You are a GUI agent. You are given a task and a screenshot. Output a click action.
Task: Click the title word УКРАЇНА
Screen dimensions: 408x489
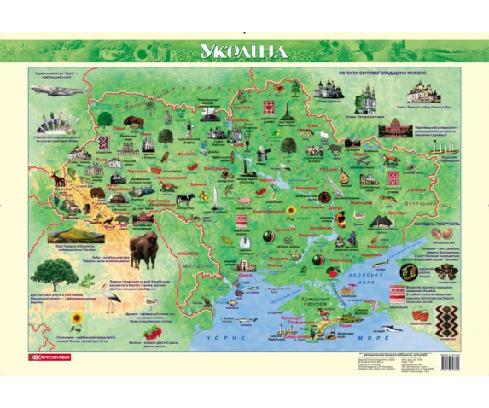coord(244,51)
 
